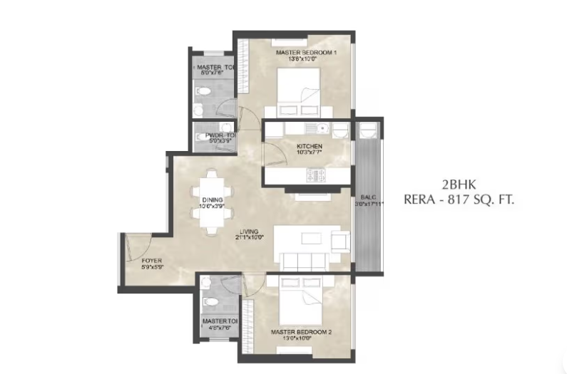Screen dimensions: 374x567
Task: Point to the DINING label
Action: click(x=212, y=200)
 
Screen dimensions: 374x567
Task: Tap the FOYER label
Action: click(x=152, y=261)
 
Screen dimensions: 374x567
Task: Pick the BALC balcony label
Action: click(x=369, y=197)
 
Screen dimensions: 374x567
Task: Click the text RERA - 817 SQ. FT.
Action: click(x=459, y=201)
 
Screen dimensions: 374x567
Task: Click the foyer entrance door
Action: click(x=136, y=245)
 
